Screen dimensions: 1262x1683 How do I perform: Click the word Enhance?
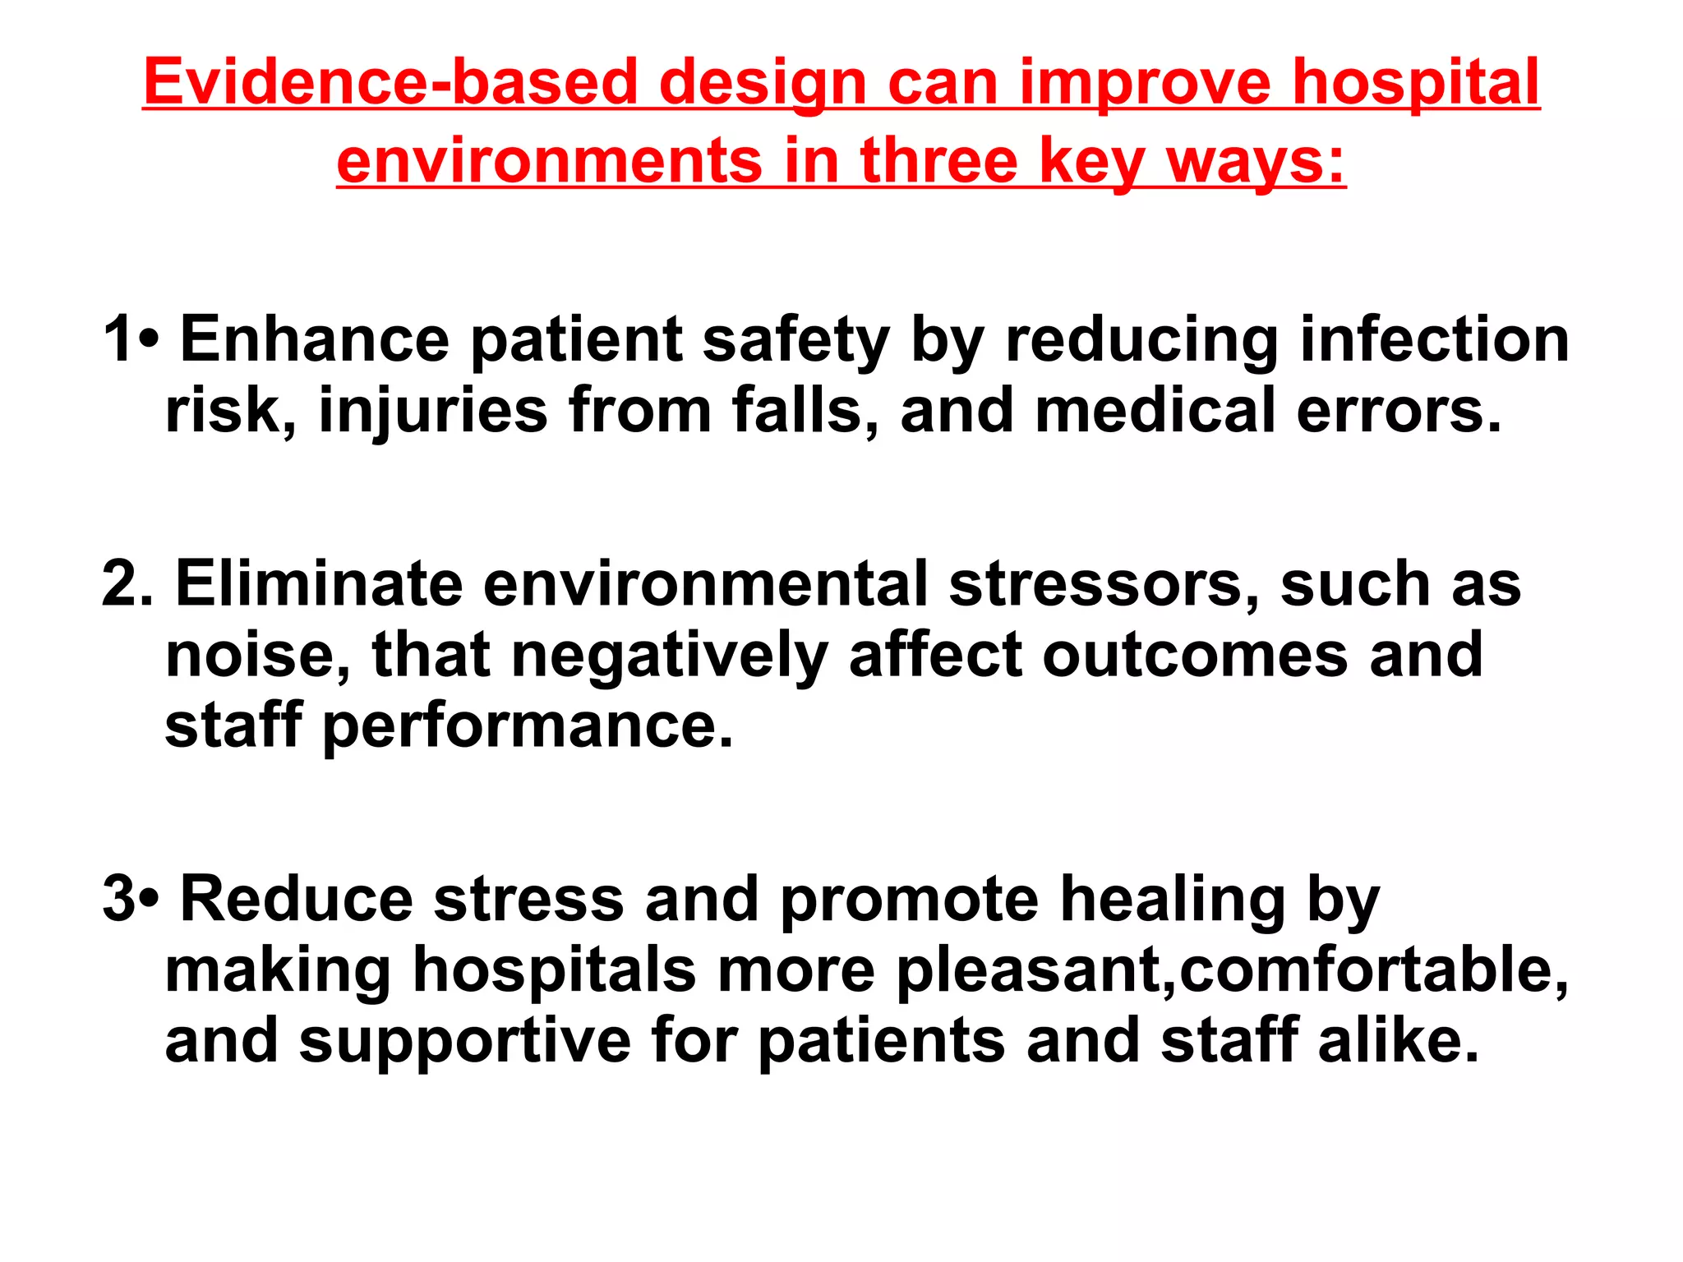[x=315, y=339]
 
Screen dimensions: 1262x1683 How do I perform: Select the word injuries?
[x=433, y=411]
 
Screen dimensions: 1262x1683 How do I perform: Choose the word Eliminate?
[x=319, y=583]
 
